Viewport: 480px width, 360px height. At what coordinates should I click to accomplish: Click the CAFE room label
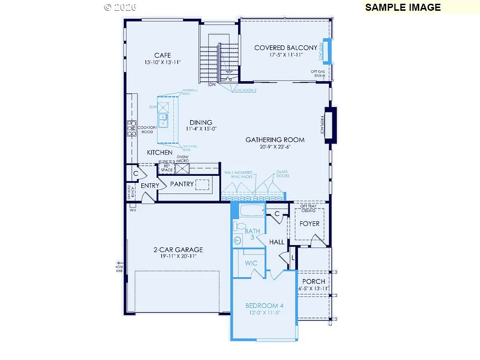coord(162,55)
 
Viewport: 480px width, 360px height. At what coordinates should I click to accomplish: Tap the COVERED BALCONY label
coord(285,48)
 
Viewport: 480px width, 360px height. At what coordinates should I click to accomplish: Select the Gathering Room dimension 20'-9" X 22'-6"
coord(275,147)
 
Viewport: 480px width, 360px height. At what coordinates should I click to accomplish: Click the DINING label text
coord(201,123)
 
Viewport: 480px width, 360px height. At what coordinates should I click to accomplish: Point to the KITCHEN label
coord(159,152)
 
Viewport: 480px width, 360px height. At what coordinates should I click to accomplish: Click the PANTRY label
coord(182,184)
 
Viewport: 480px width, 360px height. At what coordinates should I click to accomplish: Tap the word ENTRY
coord(150,186)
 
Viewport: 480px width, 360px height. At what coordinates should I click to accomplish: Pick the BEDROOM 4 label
coord(264,306)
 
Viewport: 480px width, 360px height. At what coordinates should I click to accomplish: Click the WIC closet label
coord(251,263)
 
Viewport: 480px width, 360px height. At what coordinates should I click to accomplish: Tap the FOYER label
coord(309,224)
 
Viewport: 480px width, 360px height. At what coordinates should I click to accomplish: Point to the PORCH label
coord(314,281)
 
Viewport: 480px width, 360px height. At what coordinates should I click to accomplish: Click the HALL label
coord(277,242)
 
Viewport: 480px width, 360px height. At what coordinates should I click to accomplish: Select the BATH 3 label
coord(252,234)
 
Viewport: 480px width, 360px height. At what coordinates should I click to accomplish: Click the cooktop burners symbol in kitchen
coord(131,128)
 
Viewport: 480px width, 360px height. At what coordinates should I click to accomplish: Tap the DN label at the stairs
coord(212,85)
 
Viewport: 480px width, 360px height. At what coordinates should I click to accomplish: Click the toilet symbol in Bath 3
coord(239,226)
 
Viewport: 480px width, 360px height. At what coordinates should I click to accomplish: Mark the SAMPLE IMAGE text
coord(403,7)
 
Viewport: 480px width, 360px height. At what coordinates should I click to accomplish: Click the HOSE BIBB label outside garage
coord(119,269)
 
